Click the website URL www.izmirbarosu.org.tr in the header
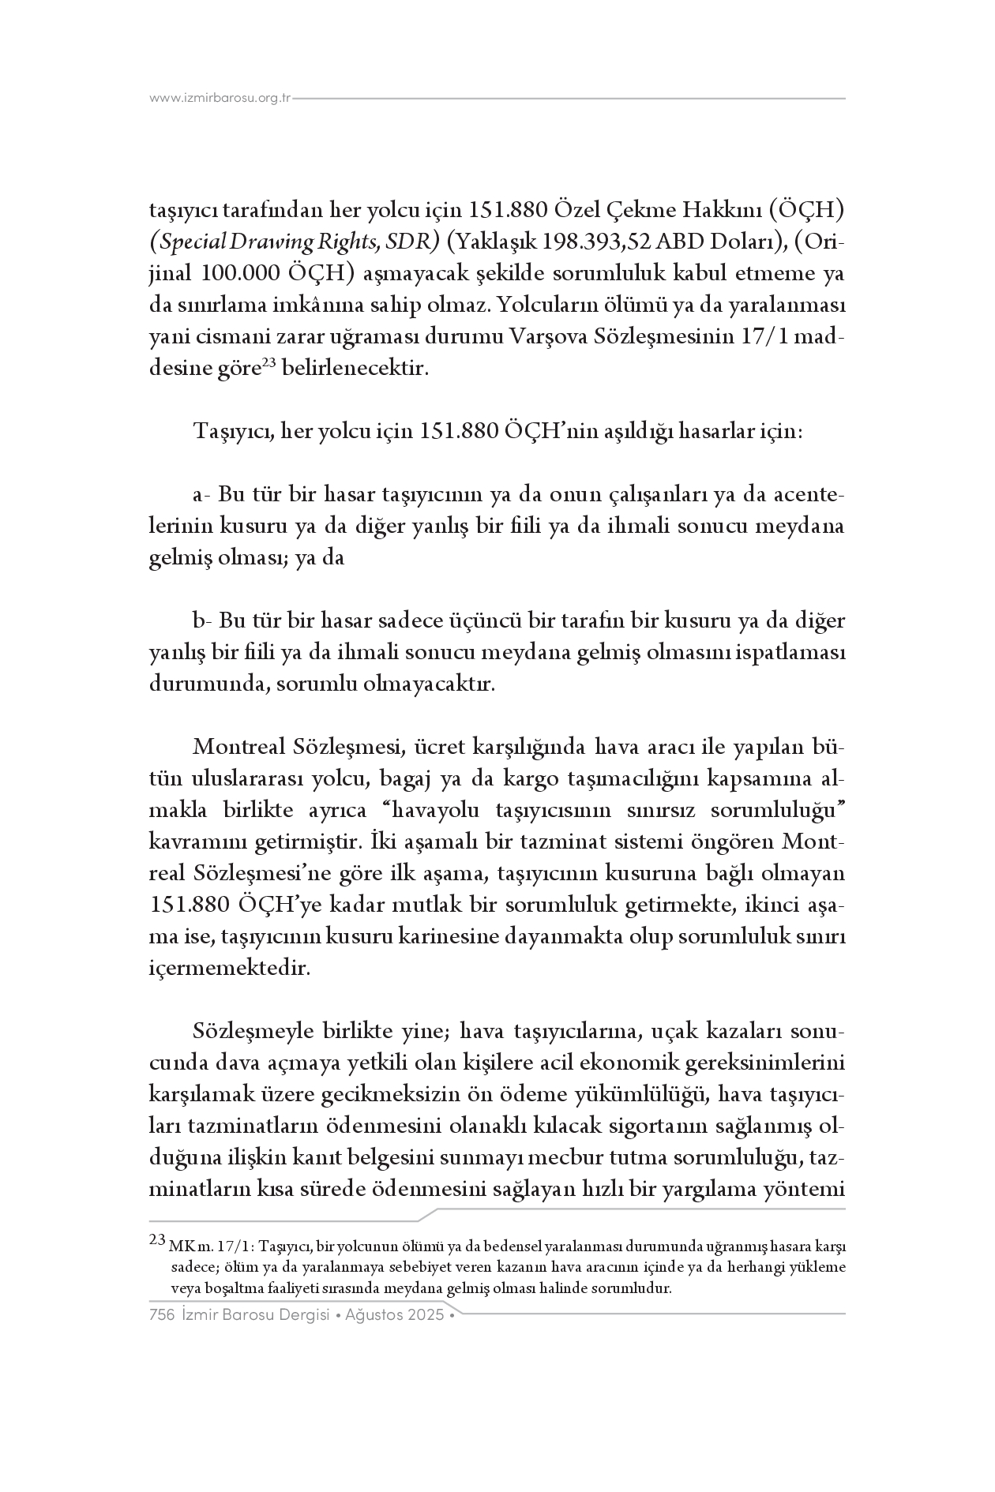coord(220,99)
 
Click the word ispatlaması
coord(791,653)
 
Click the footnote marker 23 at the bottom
coord(157,1240)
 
